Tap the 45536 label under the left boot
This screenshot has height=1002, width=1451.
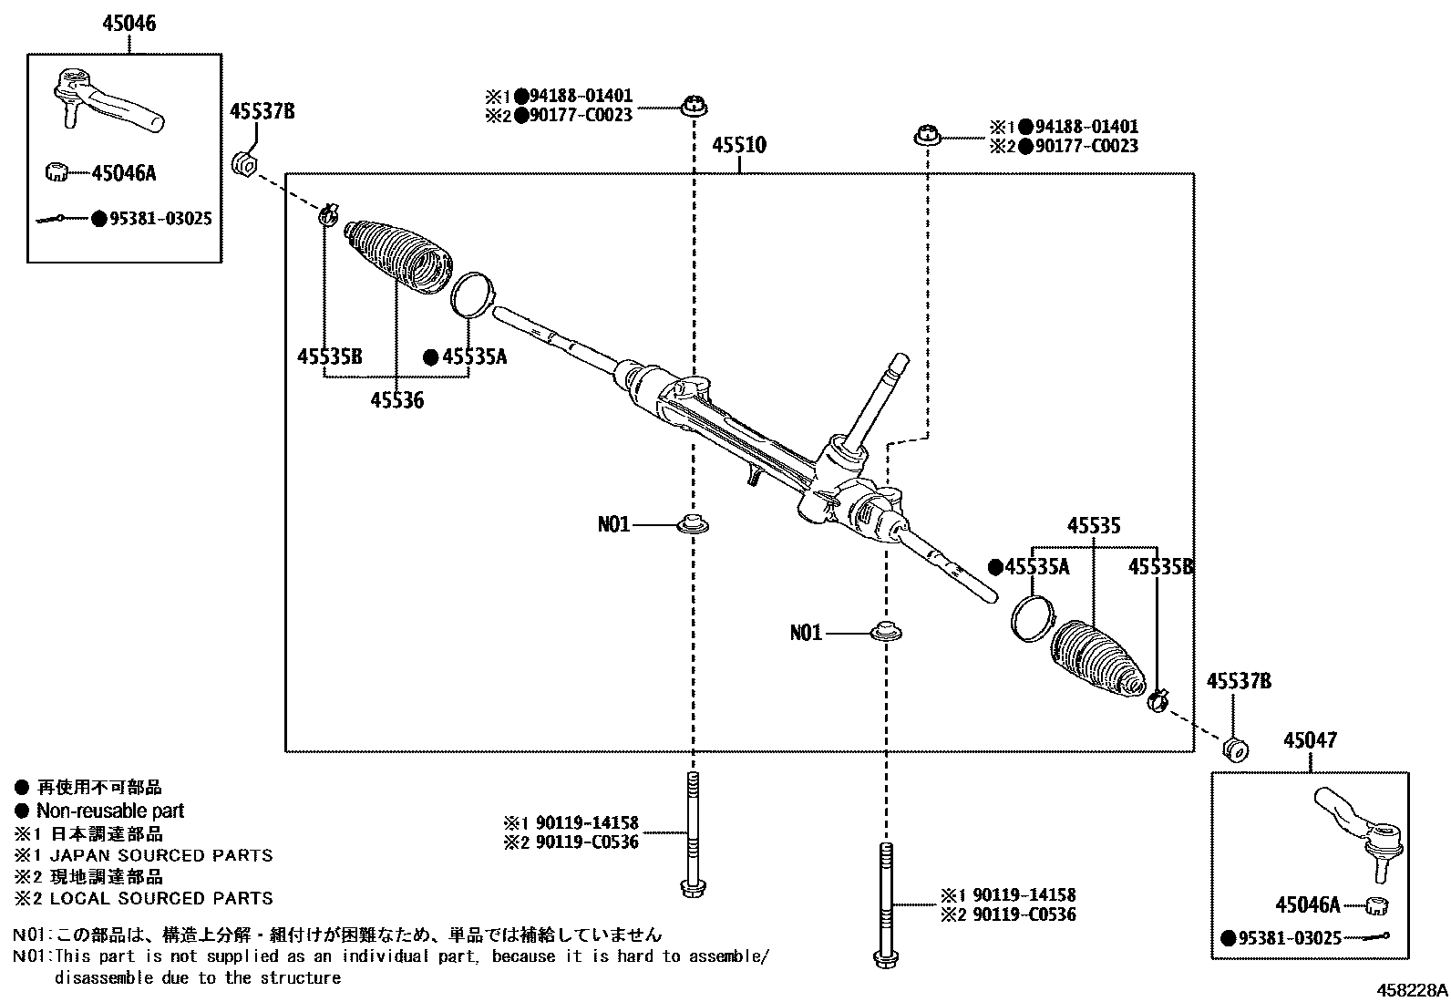pyautogui.click(x=396, y=399)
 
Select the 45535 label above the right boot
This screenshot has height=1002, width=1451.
pyautogui.click(x=1094, y=526)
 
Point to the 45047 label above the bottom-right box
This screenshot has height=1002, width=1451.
pyautogui.click(x=1310, y=740)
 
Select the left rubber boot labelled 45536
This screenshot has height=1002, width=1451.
pyautogui.click(x=398, y=256)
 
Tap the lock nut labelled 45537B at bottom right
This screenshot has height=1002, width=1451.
pyautogui.click(x=1235, y=749)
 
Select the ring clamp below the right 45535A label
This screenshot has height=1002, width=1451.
pyautogui.click(x=1032, y=617)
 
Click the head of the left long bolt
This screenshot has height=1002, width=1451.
pyautogui.click(x=692, y=885)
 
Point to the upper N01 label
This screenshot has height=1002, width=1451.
pyautogui.click(x=613, y=524)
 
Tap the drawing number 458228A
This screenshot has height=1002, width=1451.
pyautogui.click(x=1412, y=990)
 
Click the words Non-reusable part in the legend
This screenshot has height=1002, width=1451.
pyautogui.click(x=109, y=811)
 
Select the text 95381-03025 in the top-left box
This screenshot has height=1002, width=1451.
pyautogui.click(x=157, y=219)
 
